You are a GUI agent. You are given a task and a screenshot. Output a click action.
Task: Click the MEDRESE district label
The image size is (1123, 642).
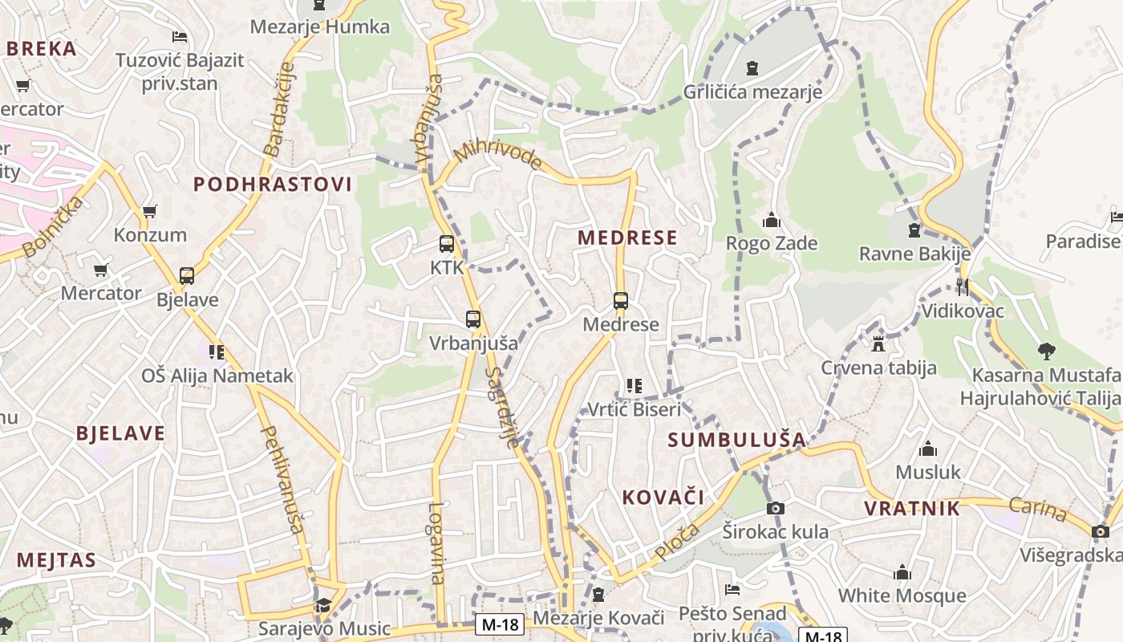[x=627, y=238]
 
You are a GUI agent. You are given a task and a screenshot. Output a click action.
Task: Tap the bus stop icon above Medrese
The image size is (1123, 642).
[x=621, y=301]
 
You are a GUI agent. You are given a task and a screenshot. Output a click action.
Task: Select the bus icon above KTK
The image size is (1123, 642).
[x=447, y=244]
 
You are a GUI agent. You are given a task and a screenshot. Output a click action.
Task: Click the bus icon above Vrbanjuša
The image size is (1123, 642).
[x=473, y=319]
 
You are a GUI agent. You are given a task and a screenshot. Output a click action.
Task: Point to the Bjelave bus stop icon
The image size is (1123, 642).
[x=187, y=276]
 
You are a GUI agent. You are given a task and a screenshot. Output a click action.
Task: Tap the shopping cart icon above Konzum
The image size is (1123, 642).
[x=150, y=212]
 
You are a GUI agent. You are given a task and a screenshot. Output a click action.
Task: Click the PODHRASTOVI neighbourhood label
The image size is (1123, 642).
[x=273, y=185]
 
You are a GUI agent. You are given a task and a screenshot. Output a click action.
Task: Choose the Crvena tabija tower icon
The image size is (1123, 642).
[x=878, y=344]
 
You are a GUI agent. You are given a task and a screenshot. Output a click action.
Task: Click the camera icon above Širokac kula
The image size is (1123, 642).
[x=775, y=508]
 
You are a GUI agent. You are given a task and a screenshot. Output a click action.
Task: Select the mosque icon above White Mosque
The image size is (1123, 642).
[x=902, y=572]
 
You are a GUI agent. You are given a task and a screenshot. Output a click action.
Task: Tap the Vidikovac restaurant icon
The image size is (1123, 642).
[x=963, y=286]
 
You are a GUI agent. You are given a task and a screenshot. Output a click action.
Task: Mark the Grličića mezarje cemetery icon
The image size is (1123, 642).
[x=752, y=68]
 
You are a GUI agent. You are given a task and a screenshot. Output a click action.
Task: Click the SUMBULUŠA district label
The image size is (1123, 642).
[x=736, y=440]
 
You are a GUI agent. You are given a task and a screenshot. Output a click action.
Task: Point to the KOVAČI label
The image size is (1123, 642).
[x=663, y=498]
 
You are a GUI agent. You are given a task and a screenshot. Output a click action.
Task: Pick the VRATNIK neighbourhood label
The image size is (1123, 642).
[x=912, y=508]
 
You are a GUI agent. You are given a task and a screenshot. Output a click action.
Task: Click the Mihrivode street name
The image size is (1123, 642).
[x=498, y=155]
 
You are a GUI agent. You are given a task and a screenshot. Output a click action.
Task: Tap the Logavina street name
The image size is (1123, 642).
[x=436, y=542]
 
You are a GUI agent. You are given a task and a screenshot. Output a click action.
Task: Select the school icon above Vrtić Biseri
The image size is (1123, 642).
[x=634, y=386]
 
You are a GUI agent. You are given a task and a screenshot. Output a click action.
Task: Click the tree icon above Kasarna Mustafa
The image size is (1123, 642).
[x=1046, y=351]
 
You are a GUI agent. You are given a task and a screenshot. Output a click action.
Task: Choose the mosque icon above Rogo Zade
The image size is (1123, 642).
[x=772, y=219]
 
